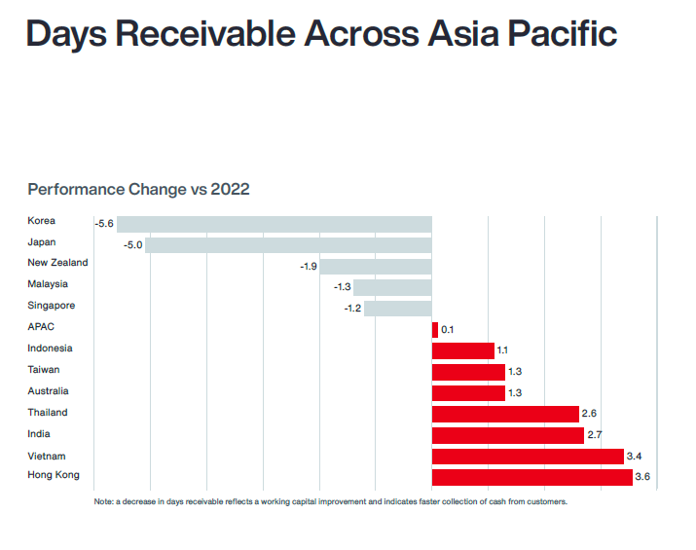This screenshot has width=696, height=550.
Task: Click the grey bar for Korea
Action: (274, 224)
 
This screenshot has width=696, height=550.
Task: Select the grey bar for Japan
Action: (288, 245)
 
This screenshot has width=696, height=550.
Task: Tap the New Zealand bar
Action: (375, 267)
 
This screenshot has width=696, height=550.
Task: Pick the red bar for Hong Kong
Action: (531, 477)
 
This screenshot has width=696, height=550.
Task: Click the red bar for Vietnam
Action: (527, 456)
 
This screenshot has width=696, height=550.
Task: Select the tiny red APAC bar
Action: (435, 330)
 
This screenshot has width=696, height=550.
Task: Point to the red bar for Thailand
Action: (505, 414)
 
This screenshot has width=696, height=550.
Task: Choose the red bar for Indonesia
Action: (462, 350)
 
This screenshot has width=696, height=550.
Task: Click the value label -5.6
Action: (104, 224)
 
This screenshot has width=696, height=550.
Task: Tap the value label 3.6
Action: (641, 477)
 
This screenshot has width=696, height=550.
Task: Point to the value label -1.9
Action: (308, 267)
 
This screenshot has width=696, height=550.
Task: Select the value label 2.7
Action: (595, 435)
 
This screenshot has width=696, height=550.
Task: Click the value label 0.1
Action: (448, 330)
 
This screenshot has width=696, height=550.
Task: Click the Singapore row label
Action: (51, 306)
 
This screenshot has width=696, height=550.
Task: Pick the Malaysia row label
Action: (48, 284)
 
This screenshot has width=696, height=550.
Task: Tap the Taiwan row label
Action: (43, 370)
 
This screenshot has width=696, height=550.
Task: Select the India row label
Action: (39, 434)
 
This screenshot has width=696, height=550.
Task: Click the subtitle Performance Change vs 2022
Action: (138, 189)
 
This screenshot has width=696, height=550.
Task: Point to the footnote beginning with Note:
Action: (330, 501)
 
